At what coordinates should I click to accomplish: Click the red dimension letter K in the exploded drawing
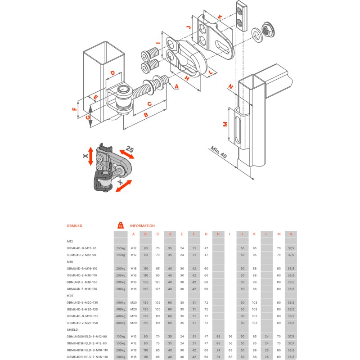click(x=220, y=17)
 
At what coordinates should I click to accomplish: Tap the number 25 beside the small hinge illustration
click(x=129, y=149)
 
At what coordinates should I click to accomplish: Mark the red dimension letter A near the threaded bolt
click(x=176, y=85)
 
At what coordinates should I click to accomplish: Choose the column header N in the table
click(x=291, y=234)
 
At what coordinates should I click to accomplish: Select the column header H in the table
click(x=218, y=234)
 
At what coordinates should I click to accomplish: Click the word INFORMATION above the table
click(x=142, y=226)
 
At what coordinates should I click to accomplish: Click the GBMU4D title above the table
click(x=75, y=226)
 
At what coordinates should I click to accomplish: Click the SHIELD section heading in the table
click(x=72, y=329)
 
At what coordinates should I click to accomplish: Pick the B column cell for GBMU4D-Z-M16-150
click(x=145, y=289)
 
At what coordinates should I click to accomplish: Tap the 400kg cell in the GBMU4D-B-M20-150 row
click(x=120, y=316)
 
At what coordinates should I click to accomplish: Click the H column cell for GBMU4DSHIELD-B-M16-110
click(x=218, y=350)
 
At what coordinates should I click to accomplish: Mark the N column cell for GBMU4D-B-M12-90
click(x=291, y=248)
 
